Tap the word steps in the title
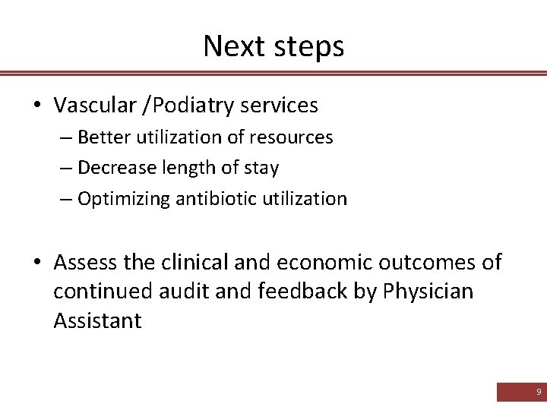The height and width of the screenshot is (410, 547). (x=305, y=48)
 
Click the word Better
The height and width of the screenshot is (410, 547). (x=103, y=137)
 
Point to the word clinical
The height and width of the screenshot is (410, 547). (x=188, y=262)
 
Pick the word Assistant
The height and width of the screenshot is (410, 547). (x=97, y=320)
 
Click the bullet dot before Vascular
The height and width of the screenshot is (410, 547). (x=37, y=106)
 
